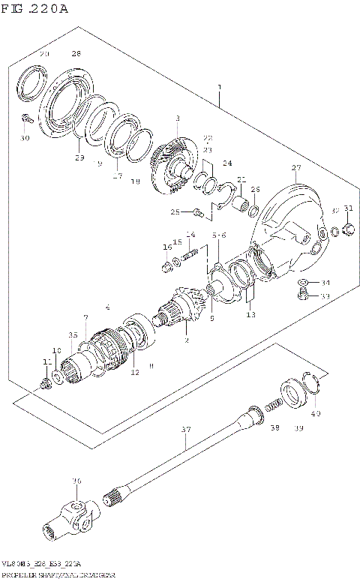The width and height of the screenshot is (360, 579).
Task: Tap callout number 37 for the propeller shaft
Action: point(187,430)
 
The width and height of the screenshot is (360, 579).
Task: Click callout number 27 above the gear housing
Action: point(295,168)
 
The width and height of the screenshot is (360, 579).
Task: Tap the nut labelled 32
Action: point(348,228)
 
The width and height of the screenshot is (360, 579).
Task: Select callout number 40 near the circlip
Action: point(315,413)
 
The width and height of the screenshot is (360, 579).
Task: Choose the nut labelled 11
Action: point(46,384)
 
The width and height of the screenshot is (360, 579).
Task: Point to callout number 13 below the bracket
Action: point(250,315)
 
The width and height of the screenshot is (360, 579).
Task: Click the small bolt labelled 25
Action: point(196,212)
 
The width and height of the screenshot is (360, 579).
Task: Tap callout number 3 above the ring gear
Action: point(178,118)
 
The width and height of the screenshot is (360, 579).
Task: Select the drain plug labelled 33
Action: point(304,295)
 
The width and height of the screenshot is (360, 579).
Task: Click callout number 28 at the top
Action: point(76,54)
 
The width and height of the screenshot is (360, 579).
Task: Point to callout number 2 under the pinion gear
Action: point(186,341)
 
